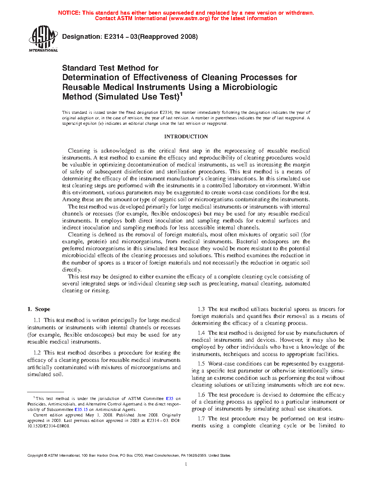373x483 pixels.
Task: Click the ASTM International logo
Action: (43, 38)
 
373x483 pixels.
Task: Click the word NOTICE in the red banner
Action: (69, 13)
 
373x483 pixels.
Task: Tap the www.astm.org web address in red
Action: (189, 18)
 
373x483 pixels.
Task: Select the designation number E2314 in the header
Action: (114, 37)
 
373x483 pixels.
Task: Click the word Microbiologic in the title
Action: (250, 87)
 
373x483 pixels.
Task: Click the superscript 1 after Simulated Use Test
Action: (181, 94)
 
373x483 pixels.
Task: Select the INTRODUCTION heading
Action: (186, 136)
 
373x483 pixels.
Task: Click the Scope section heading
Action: (42, 309)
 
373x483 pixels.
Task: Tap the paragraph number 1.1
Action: (37, 320)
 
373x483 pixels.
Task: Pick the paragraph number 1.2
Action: (37, 353)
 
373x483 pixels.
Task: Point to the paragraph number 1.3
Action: (201, 309)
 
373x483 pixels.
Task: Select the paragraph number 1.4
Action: (201, 333)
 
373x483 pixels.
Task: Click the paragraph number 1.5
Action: (201, 364)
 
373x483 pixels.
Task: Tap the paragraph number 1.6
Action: (201, 395)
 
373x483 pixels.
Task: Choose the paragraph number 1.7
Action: (201, 419)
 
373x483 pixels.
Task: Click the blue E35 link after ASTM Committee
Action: (170, 398)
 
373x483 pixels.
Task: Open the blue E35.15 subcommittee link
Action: (81, 409)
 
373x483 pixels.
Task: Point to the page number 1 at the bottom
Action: (186, 464)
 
